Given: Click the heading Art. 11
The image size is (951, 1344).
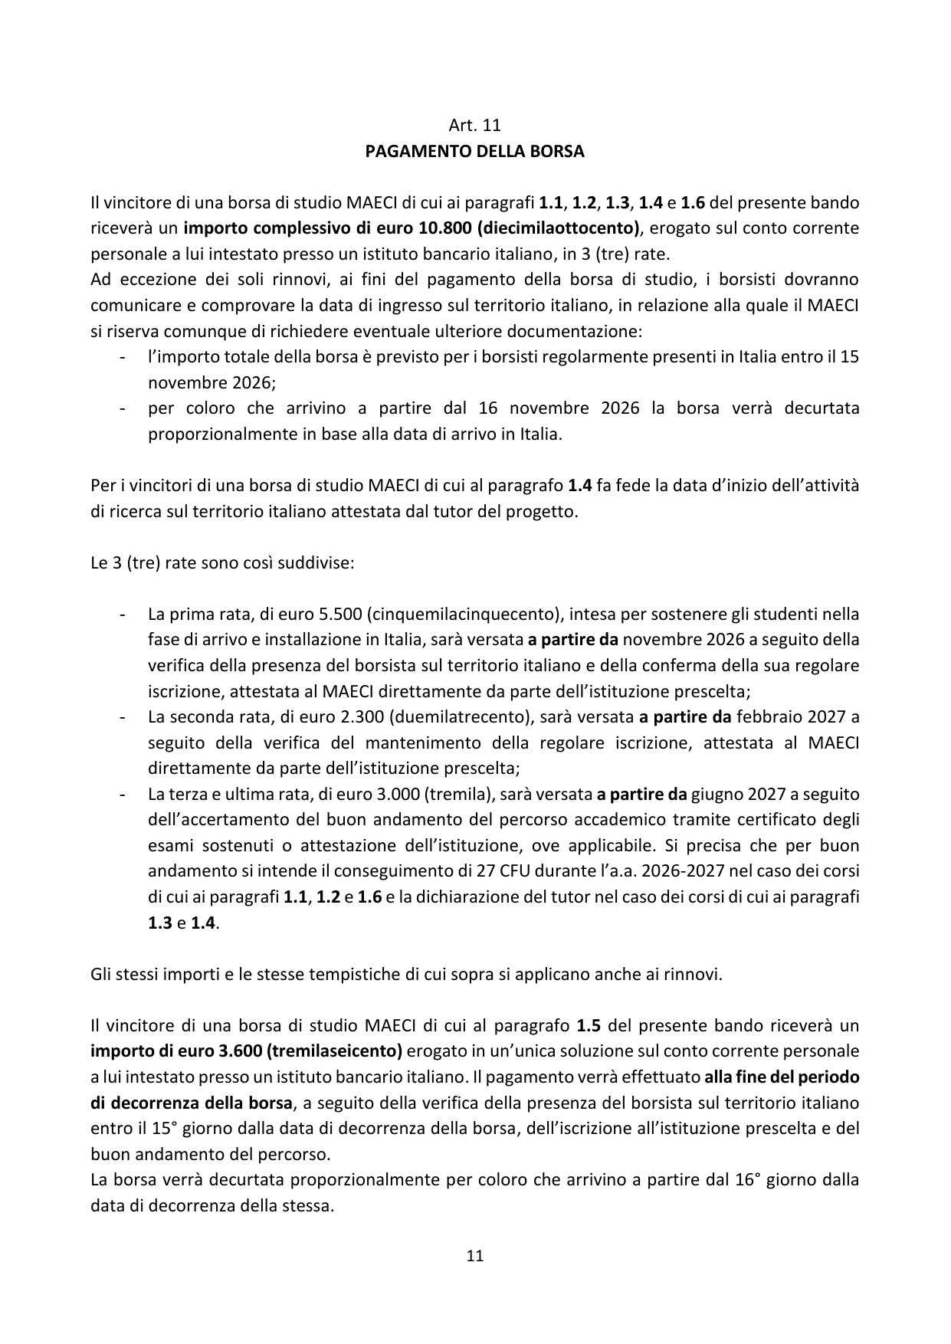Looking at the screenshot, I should [x=474, y=125].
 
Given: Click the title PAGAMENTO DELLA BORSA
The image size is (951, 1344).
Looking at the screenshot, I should [x=474, y=151].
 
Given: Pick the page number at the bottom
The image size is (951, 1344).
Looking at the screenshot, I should [x=474, y=1256].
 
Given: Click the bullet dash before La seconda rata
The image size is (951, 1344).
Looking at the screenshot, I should [x=122, y=717].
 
